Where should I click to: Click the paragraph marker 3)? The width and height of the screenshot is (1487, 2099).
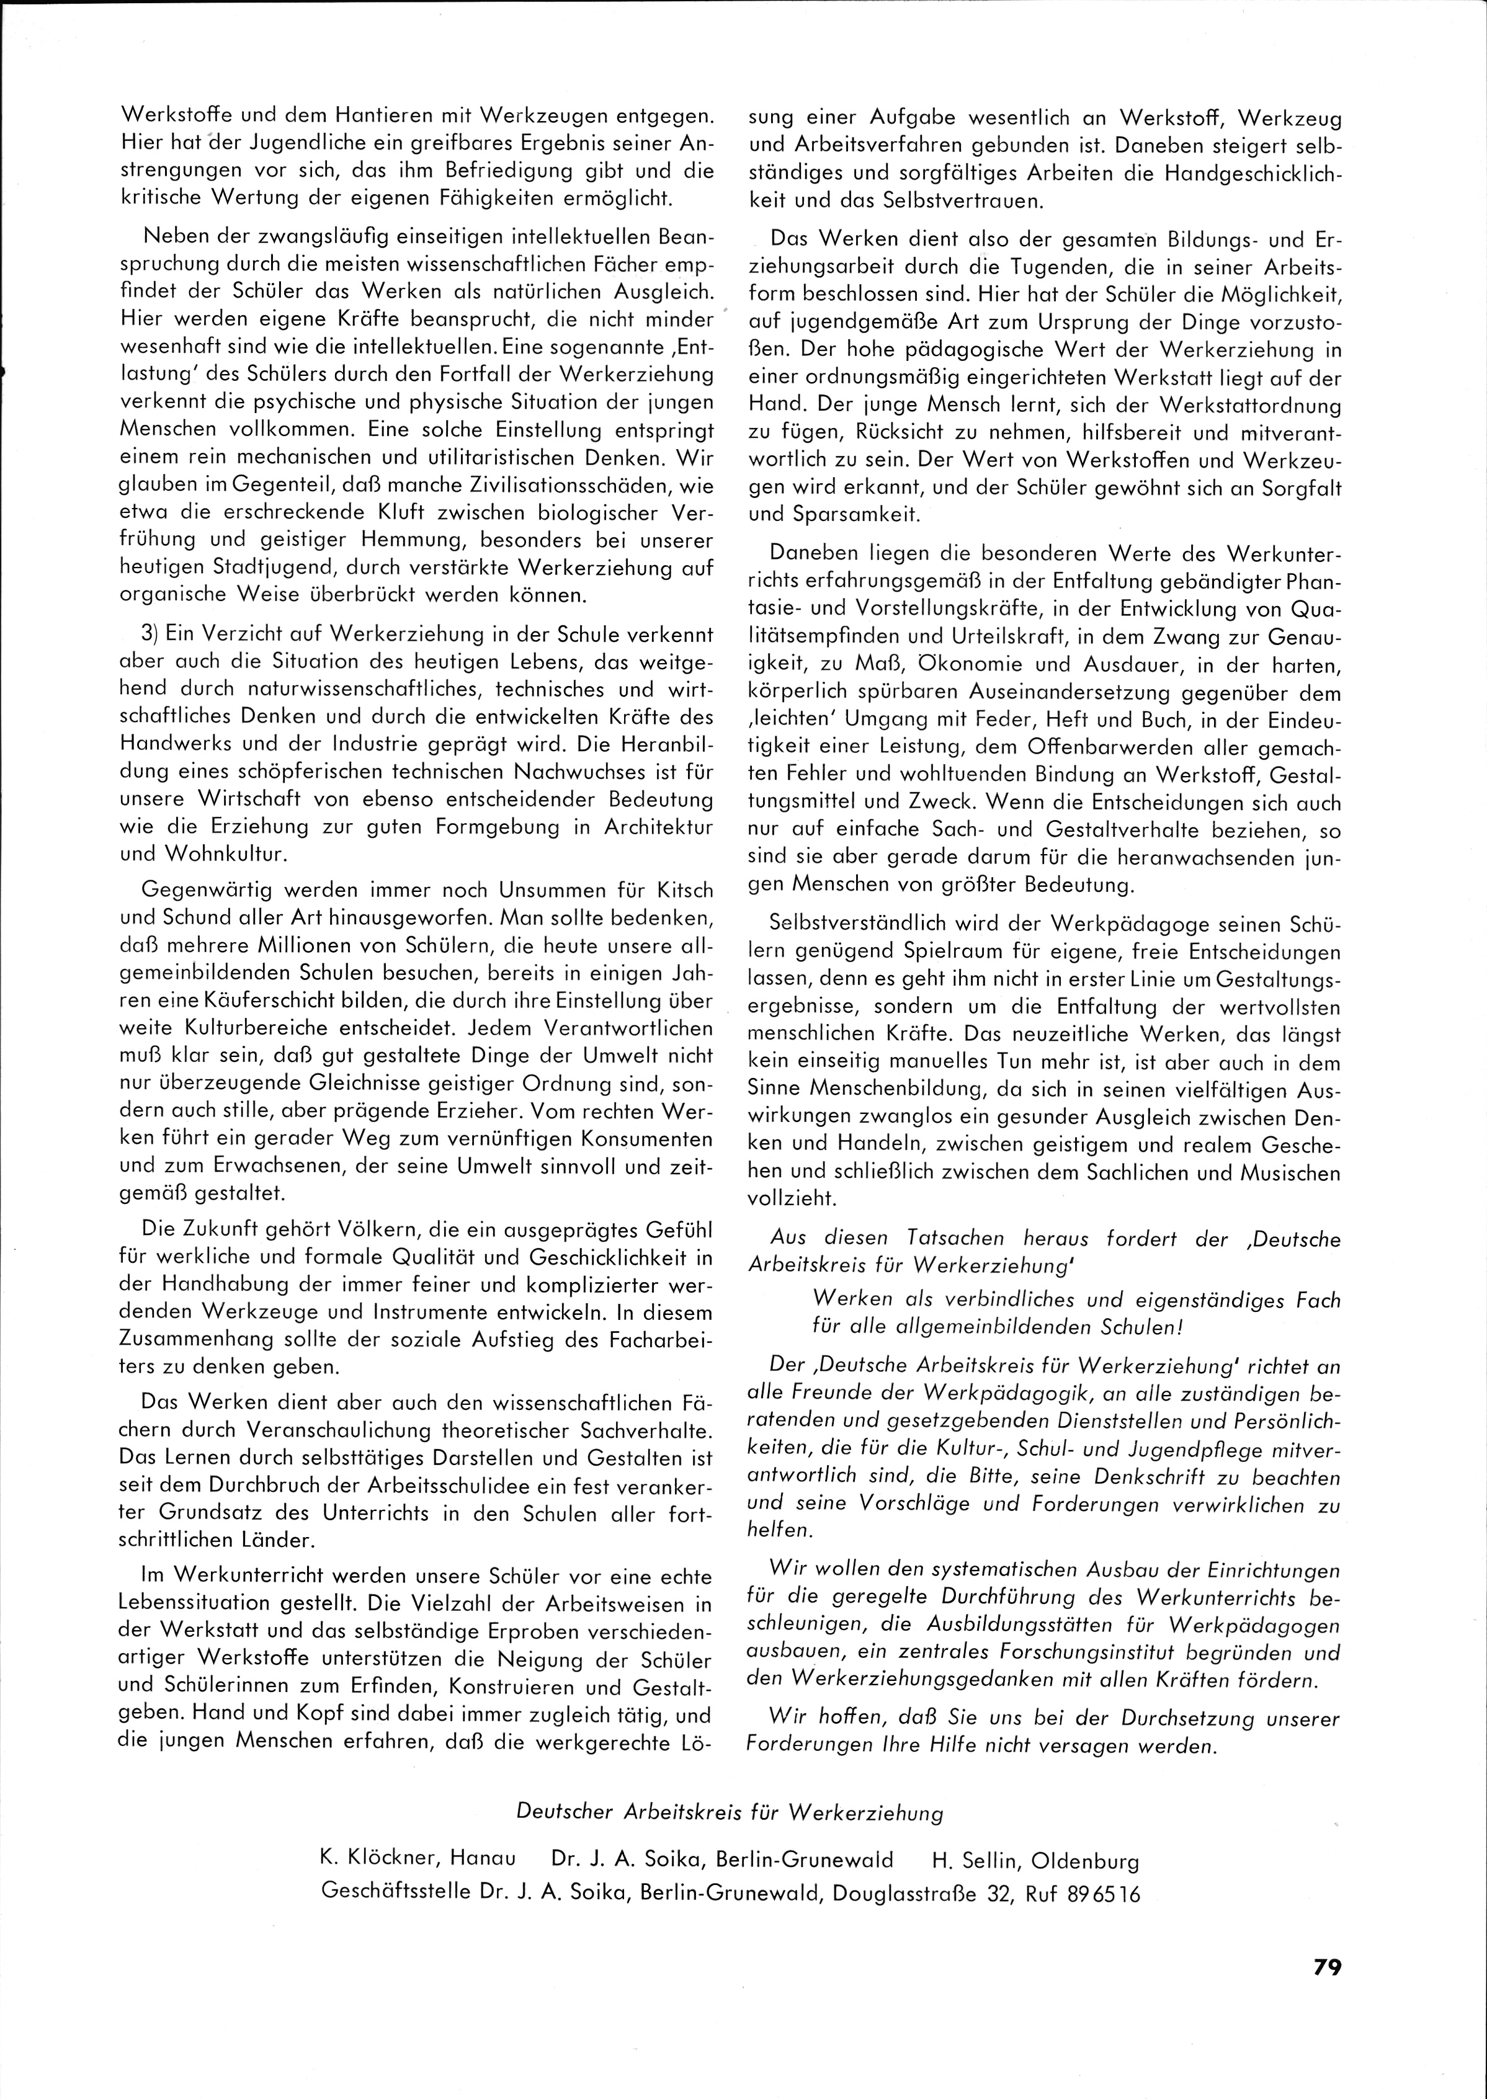pyautogui.click(x=152, y=633)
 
